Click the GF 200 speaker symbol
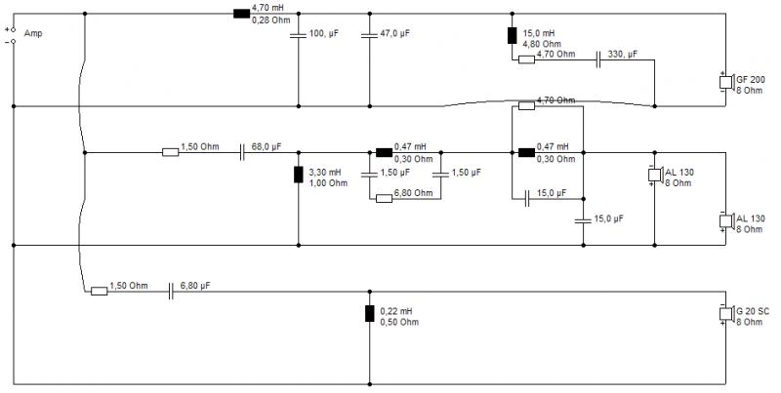coord(726,82)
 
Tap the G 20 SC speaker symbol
coord(726,314)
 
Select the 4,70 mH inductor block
coord(241,14)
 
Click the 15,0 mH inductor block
coord(512,36)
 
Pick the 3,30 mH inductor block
coord(299,175)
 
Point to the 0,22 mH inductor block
coord(370,314)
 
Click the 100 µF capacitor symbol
coord(299,36)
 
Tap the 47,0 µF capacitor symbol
coord(370,36)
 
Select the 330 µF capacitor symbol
coord(598,59)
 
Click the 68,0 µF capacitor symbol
coord(242,152)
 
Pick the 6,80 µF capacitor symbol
coord(171,291)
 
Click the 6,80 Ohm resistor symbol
coord(384,199)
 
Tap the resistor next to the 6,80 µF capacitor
coord(100,291)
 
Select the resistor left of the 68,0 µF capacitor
coord(170,152)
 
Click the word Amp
coord(33,33)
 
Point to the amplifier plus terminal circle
coord(14,30)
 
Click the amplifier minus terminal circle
coord(14,41)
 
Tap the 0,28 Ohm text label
coord(271,20)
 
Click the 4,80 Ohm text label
coord(542,44)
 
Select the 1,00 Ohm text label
coord(328,183)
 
